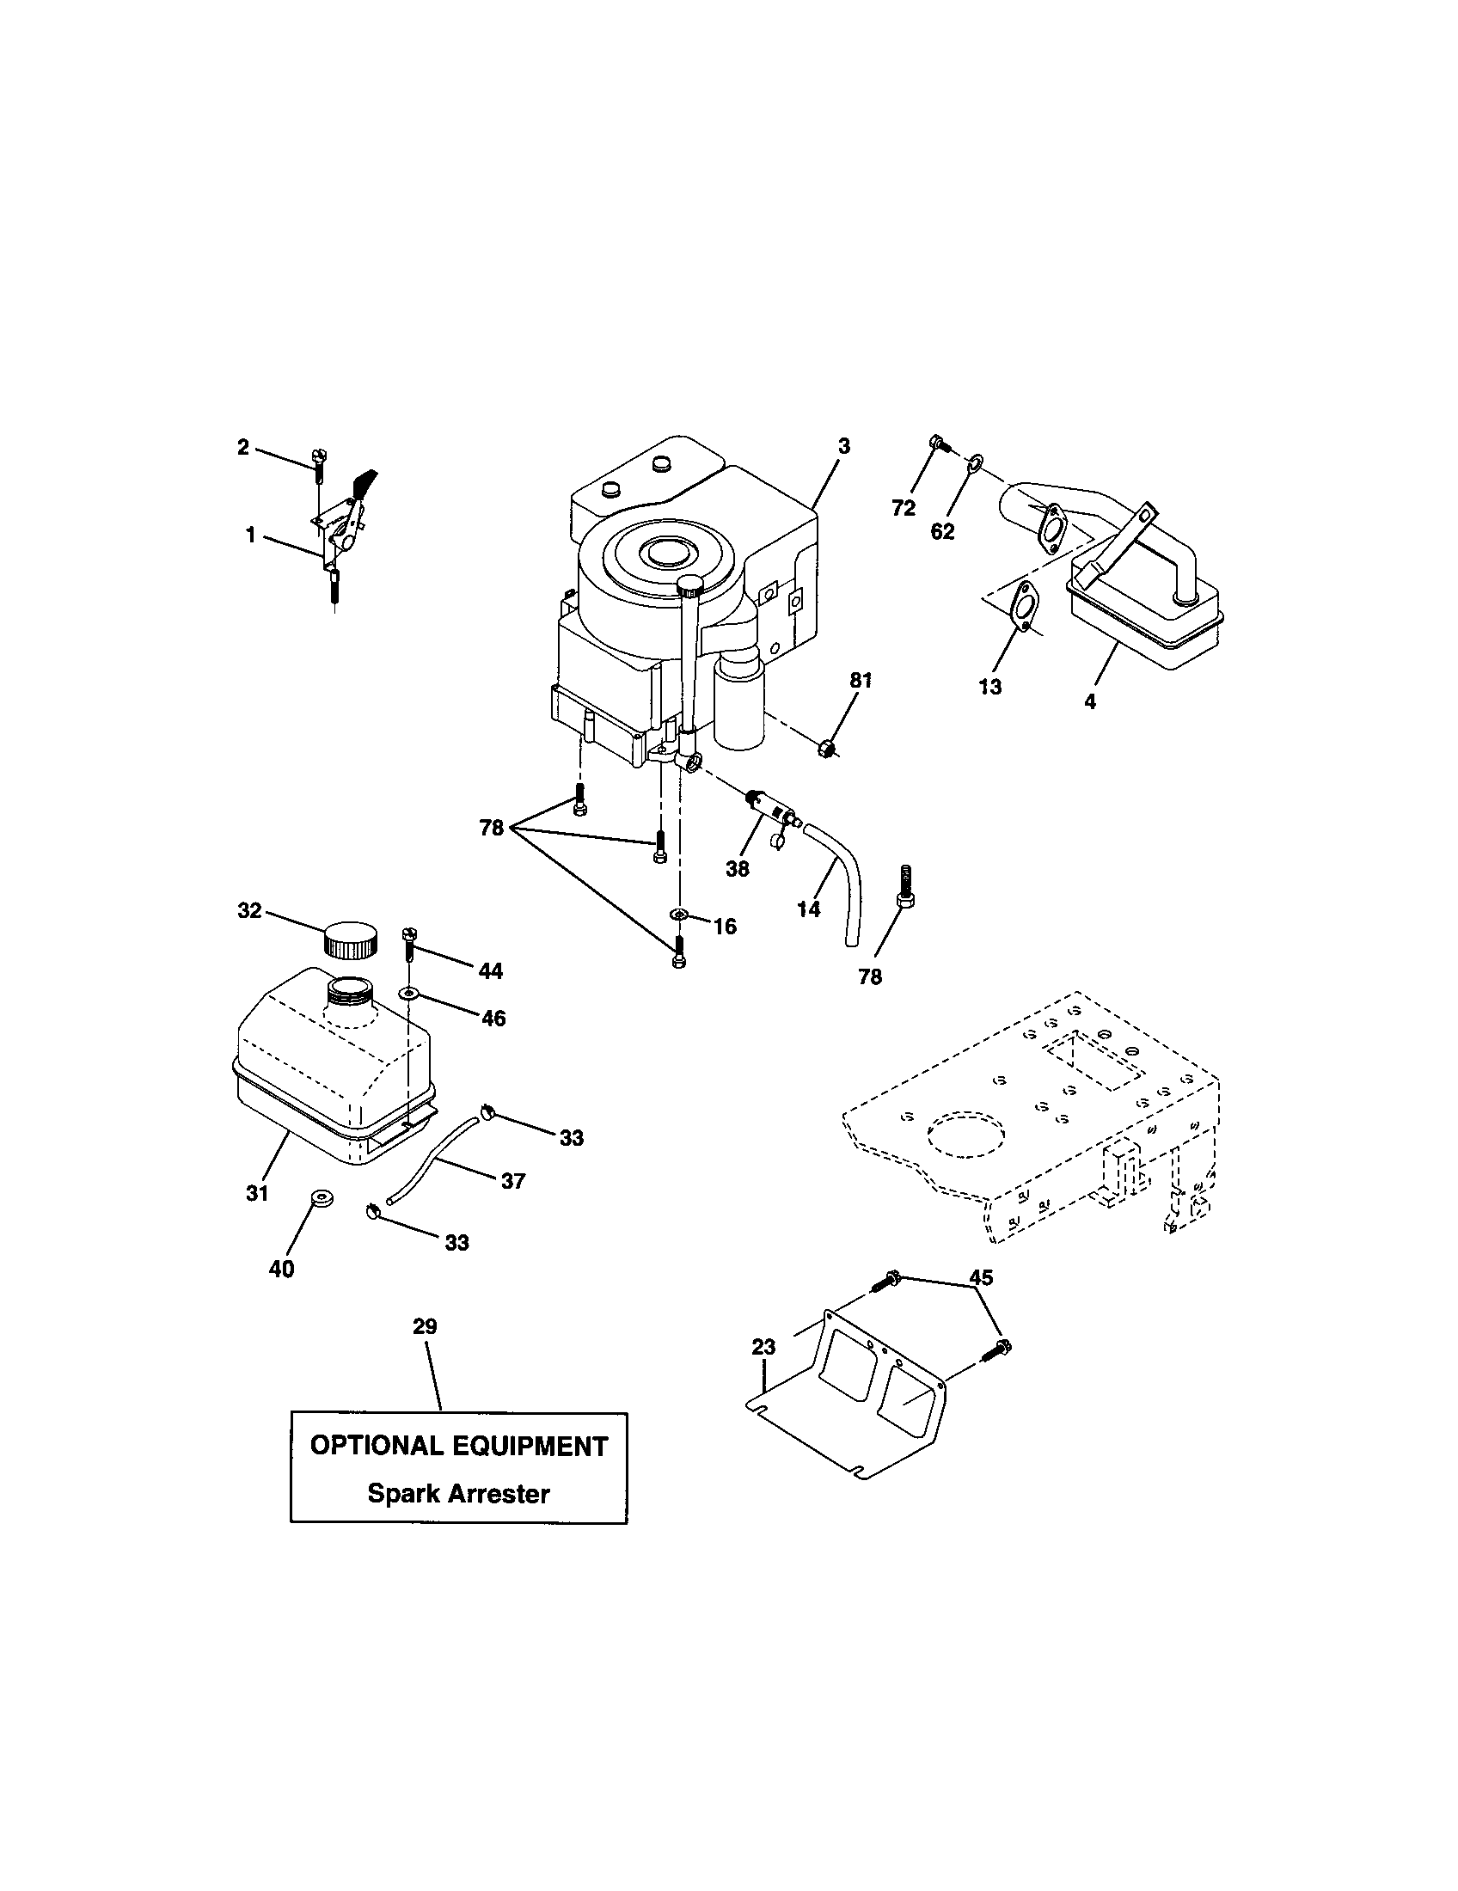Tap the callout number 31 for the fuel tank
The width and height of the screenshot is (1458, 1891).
[257, 1193]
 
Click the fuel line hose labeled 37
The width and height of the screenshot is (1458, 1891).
[433, 1158]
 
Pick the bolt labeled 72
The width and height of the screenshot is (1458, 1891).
[939, 444]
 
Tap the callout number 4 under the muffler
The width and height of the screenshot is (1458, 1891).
[1090, 702]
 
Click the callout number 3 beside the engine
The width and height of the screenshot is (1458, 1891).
[844, 446]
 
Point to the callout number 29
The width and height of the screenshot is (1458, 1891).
[425, 1326]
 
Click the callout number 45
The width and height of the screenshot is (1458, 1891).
[981, 1278]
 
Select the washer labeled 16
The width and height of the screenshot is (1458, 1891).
[679, 915]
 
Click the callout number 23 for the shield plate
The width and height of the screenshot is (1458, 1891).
[764, 1346]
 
